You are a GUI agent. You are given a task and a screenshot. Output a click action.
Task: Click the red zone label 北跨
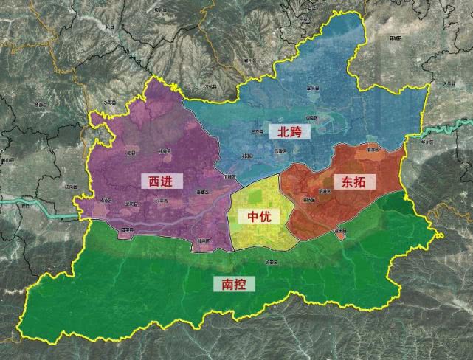pyautogui.click(x=290, y=131)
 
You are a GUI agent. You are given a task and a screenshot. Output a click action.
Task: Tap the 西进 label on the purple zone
pyautogui.click(x=160, y=180)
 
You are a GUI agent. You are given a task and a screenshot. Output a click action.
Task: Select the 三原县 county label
pyautogui.click(x=257, y=130)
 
